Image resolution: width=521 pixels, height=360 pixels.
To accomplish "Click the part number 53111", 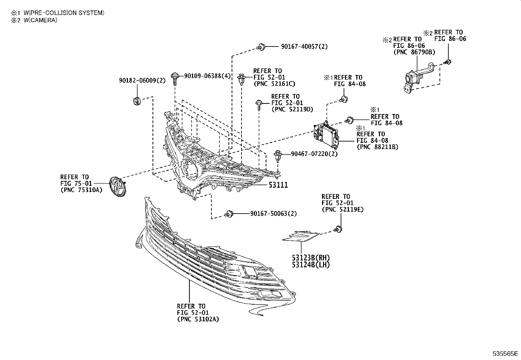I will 278,185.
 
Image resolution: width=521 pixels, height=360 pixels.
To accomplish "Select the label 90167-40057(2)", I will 304,47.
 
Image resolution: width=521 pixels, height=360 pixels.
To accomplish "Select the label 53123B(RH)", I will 311,258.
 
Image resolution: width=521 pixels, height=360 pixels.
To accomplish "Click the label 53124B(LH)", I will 311,265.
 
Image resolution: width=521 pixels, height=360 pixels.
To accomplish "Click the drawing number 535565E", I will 506,354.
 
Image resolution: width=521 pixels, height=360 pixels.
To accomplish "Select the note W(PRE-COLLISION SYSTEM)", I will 64,13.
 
